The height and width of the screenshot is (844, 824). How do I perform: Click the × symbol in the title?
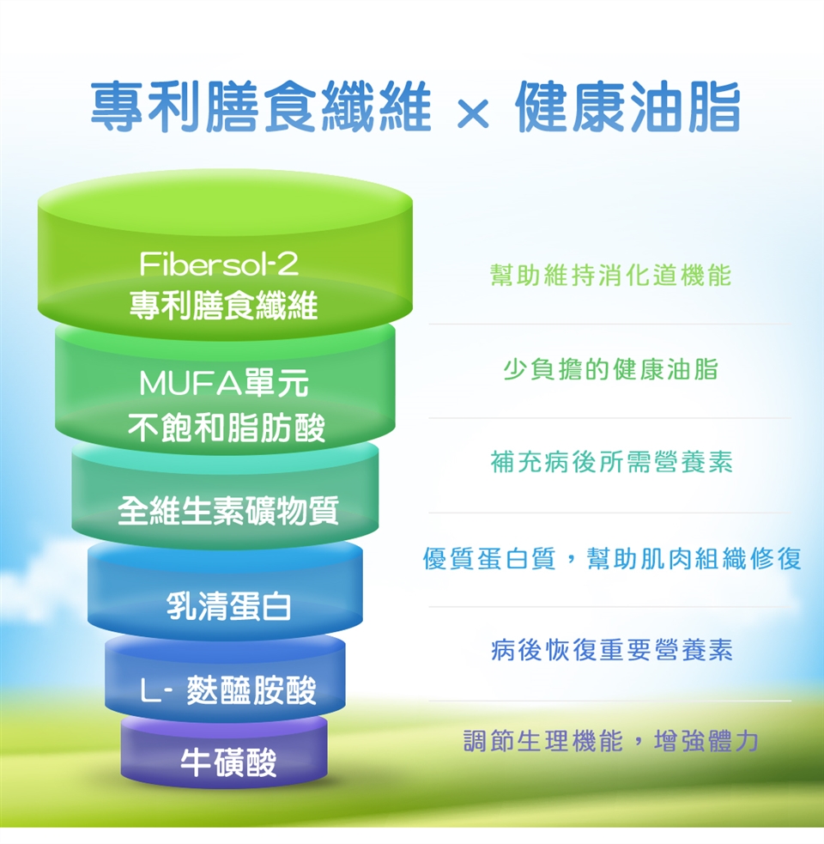(473, 113)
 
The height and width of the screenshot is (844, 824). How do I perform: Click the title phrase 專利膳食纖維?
(261, 106)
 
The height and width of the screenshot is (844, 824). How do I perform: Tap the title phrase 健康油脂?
(628, 106)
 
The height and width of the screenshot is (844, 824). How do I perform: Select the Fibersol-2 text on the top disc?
(219, 264)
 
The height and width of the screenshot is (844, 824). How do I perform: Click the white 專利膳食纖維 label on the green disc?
(223, 305)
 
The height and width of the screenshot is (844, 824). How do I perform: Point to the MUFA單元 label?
(224, 383)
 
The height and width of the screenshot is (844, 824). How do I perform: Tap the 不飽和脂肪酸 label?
(227, 428)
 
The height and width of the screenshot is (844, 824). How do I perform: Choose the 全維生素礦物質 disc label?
(228, 510)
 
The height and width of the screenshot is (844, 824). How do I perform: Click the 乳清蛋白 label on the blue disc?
(228, 605)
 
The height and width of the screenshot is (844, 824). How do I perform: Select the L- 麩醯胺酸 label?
(228, 689)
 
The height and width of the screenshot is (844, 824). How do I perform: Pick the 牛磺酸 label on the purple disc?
(228, 762)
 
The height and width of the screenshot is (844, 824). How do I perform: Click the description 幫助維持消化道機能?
(610, 275)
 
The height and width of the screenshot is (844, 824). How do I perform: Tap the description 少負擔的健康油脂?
(610, 369)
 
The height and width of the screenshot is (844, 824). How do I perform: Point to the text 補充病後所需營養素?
(611, 462)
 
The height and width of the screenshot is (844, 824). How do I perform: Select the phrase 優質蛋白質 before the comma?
(488, 558)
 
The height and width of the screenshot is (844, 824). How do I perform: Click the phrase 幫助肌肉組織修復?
(694, 558)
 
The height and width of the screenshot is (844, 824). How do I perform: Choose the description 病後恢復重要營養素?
(611, 650)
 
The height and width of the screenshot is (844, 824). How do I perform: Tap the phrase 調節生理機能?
(543, 741)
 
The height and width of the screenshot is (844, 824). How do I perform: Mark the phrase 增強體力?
(706, 741)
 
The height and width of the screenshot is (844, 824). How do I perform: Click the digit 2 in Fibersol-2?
(288, 264)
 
